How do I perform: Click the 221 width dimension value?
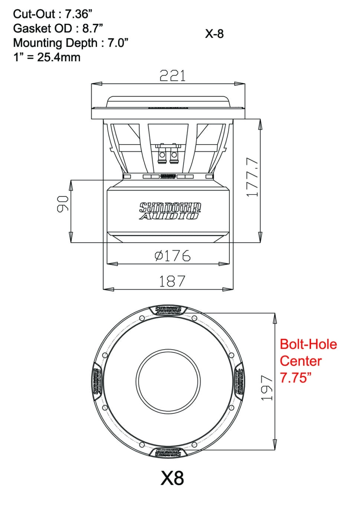point(172,76)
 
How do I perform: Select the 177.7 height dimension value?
point(252,177)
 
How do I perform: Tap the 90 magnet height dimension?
point(62,204)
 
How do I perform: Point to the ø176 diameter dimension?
point(173,256)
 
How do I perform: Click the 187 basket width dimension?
point(172,281)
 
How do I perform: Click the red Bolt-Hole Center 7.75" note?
point(308,361)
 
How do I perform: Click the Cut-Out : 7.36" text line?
point(52,14)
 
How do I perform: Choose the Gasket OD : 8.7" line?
point(58,28)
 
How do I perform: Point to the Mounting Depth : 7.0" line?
point(71,43)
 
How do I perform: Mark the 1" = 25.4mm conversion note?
point(47,57)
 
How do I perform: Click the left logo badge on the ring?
point(97,381)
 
